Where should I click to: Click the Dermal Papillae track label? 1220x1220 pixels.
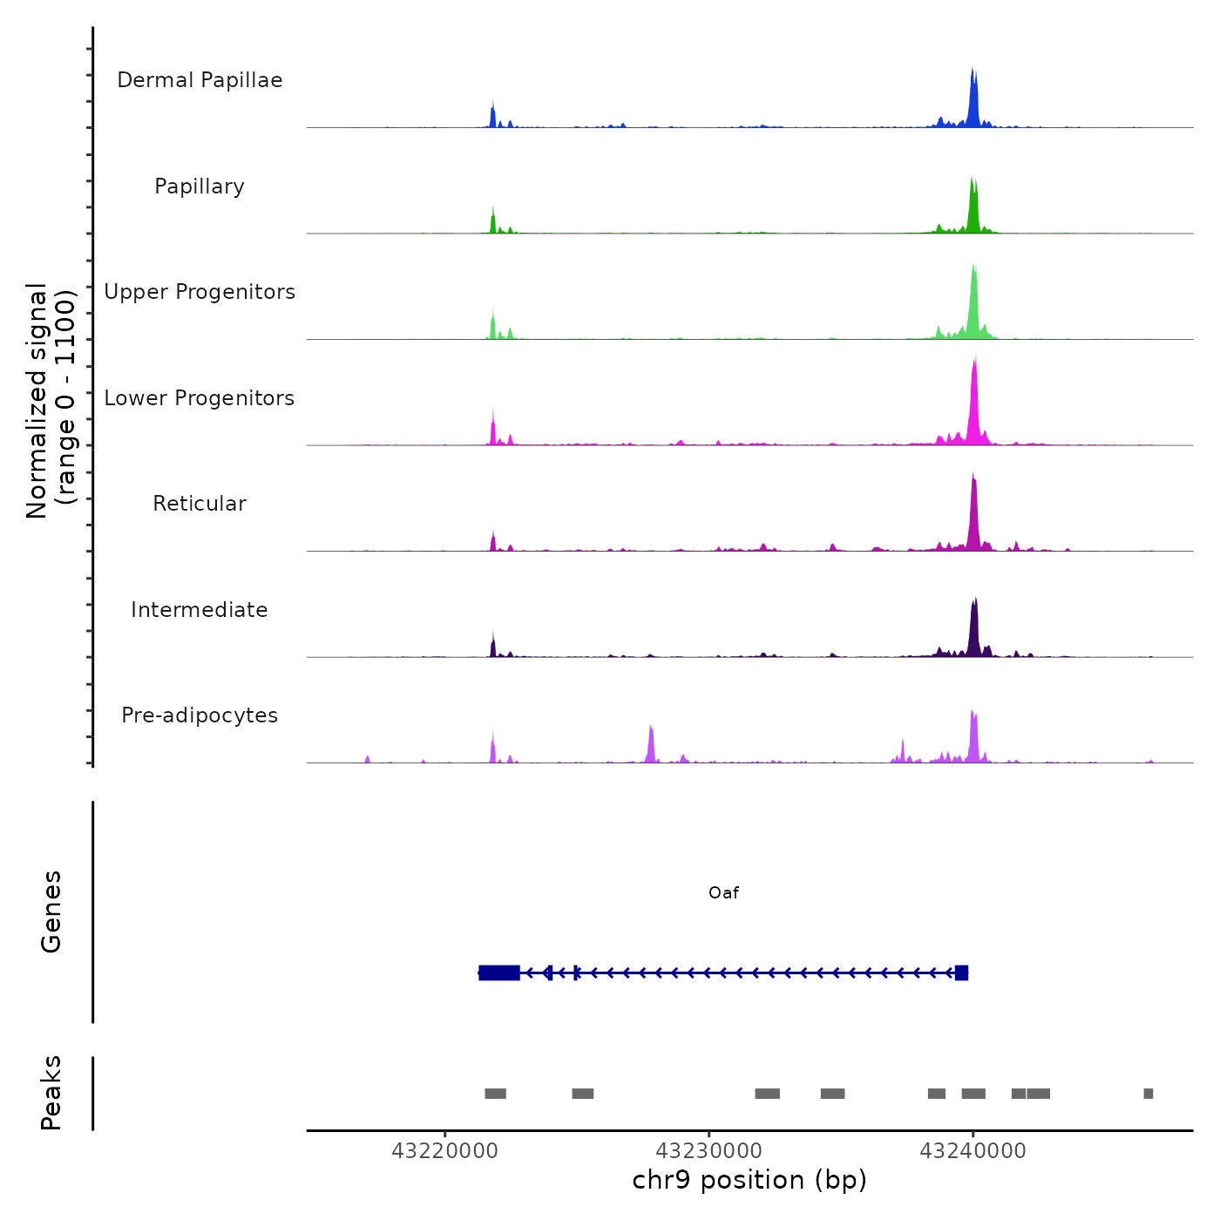pos(200,80)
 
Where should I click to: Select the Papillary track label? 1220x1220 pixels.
pos(200,186)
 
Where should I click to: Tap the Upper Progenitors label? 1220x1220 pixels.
pos(200,292)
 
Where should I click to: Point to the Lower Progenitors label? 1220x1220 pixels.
pos(200,398)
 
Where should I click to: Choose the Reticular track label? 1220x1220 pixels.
pos(200,504)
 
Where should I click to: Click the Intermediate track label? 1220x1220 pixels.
pos(200,610)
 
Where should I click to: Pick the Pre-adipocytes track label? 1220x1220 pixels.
pos(200,715)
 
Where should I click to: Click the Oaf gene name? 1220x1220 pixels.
pos(723,892)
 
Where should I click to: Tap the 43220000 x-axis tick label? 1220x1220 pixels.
pos(444,1151)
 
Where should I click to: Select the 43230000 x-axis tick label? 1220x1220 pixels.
pos(708,1151)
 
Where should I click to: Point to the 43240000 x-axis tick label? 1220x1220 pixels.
pos(973,1151)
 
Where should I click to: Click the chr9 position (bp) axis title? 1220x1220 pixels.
pos(749,1181)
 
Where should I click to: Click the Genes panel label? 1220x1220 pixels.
pos(51,912)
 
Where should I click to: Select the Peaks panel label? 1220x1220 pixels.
pos(51,1093)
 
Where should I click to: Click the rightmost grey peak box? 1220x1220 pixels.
pos(1148,1094)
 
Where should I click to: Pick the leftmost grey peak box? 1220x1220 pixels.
pos(495,1094)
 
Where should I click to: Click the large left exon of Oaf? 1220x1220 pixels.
pos(499,973)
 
